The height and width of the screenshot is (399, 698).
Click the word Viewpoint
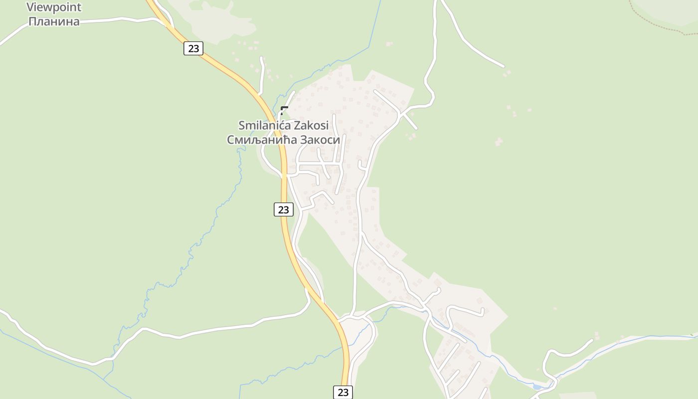[x=54, y=7]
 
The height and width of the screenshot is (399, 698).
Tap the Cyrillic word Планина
[x=54, y=21]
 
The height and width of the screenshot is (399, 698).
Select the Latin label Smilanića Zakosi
[x=283, y=125]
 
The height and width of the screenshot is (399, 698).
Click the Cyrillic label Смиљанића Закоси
[x=283, y=140]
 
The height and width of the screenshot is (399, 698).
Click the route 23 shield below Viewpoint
[x=193, y=48]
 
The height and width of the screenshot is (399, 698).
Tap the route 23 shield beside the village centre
[x=283, y=209]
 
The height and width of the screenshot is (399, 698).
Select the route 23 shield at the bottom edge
[x=343, y=392]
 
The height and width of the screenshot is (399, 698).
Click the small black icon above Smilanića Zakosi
[x=284, y=110]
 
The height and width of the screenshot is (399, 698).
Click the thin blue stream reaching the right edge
[x=648, y=337]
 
